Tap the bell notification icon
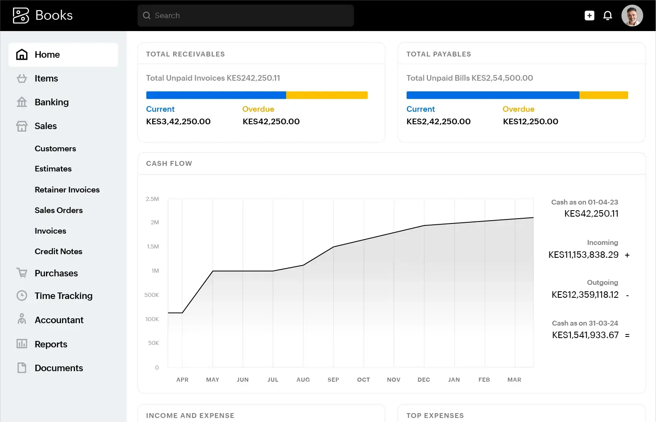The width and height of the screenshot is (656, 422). [608, 16]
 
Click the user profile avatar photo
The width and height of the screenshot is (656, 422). [632, 16]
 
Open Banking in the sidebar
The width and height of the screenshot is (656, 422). [51, 102]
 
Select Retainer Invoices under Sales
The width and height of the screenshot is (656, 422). [67, 190]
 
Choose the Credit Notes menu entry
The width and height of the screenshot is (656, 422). [58, 251]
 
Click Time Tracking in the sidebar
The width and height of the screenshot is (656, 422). [63, 296]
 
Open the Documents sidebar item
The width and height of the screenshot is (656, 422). [59, 368]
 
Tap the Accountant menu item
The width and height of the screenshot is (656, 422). [59, 320]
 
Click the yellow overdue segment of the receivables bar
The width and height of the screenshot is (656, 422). [327, 95]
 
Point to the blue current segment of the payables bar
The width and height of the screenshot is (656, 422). [493, 95]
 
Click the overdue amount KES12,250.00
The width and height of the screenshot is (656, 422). [530, 121]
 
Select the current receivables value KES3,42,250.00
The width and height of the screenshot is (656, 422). [178, 121]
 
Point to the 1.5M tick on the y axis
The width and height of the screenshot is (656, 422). [153, 247]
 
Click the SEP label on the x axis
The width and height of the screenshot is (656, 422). [333, 380]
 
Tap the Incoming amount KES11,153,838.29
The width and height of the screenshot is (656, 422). [583, 255]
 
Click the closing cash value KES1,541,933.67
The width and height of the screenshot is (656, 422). [585, 335]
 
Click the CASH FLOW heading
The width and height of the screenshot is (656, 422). [169, 163]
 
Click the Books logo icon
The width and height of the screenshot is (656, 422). [21, 15]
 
